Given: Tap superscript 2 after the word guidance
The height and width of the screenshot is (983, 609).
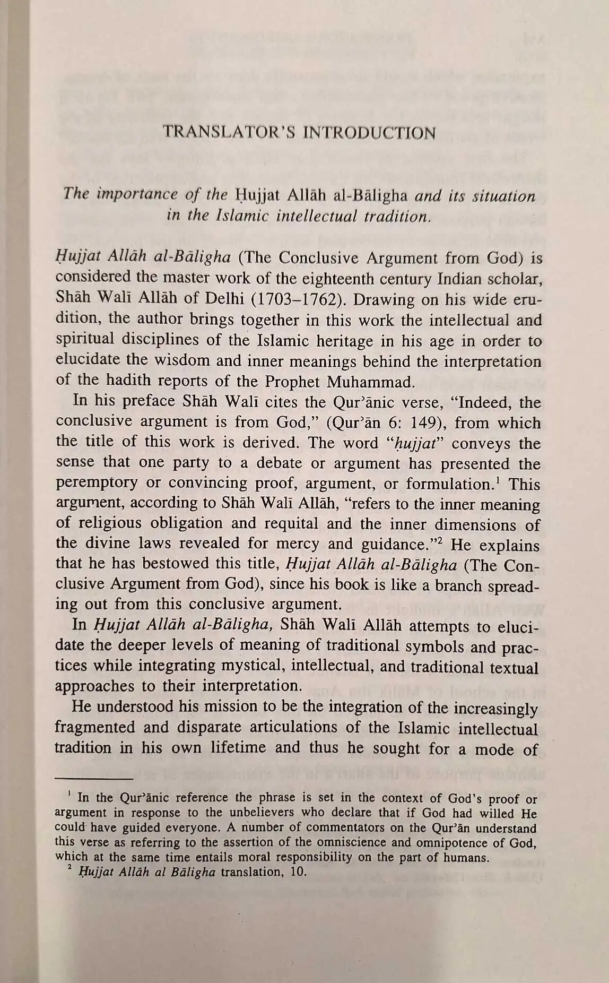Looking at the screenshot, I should pyautogui.click(x=439, y=541).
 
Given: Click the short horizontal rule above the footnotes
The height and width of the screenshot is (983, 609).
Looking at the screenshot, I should pyautogui.click(x=93, y=779).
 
